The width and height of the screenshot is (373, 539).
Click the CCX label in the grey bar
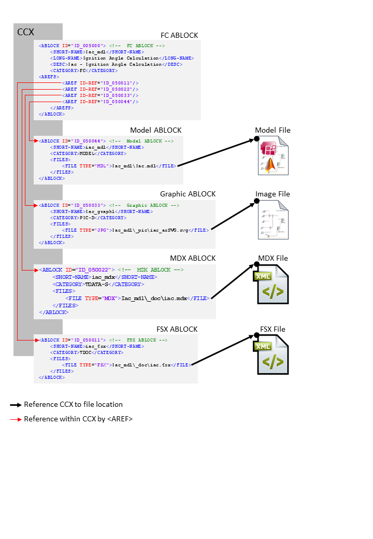26,32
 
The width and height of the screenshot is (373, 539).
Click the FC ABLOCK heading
179,35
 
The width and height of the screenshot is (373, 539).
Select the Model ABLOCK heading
155,130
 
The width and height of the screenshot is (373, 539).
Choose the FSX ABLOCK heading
177,329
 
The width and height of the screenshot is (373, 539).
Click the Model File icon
273,155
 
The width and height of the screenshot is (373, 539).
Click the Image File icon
273,219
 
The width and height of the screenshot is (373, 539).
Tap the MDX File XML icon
271,284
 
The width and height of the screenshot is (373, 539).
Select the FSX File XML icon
271,355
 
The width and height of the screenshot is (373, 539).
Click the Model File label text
272,130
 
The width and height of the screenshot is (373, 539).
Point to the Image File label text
272,194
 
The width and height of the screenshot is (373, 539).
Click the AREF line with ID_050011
100,83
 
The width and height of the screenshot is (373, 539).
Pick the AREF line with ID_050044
100,102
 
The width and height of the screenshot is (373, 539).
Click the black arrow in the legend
16,404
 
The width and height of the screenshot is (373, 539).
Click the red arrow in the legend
16,419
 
